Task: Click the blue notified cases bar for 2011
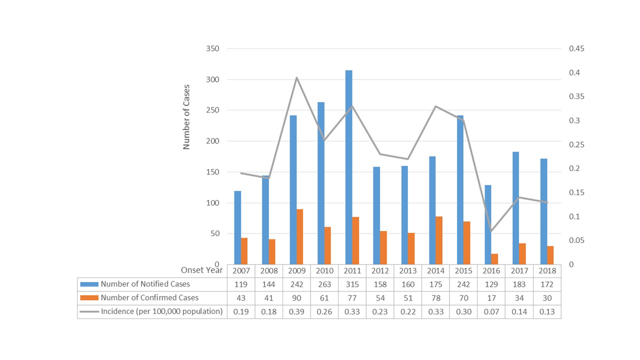pos(348,167)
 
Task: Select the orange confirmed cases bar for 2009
pos(299,237)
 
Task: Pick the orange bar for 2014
pos(438,240)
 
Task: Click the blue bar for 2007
pos(237,227)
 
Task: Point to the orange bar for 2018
pos(550,255)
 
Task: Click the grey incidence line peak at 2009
pos(296,77)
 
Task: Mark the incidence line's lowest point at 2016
pos(491,231)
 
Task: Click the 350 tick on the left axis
pos(212,49)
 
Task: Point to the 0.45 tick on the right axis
pos(576,49)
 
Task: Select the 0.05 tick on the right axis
pos(576,240)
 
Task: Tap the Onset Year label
pos(199,270)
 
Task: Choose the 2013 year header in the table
pos(407,270)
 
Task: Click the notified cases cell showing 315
pos(352,284)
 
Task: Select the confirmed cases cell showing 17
pos(491,298)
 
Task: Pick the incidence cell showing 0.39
pos(296,311)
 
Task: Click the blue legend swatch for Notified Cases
pos(89,284)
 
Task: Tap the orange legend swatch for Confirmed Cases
pos(89,298)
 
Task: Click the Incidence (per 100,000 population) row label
pos(161,311)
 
